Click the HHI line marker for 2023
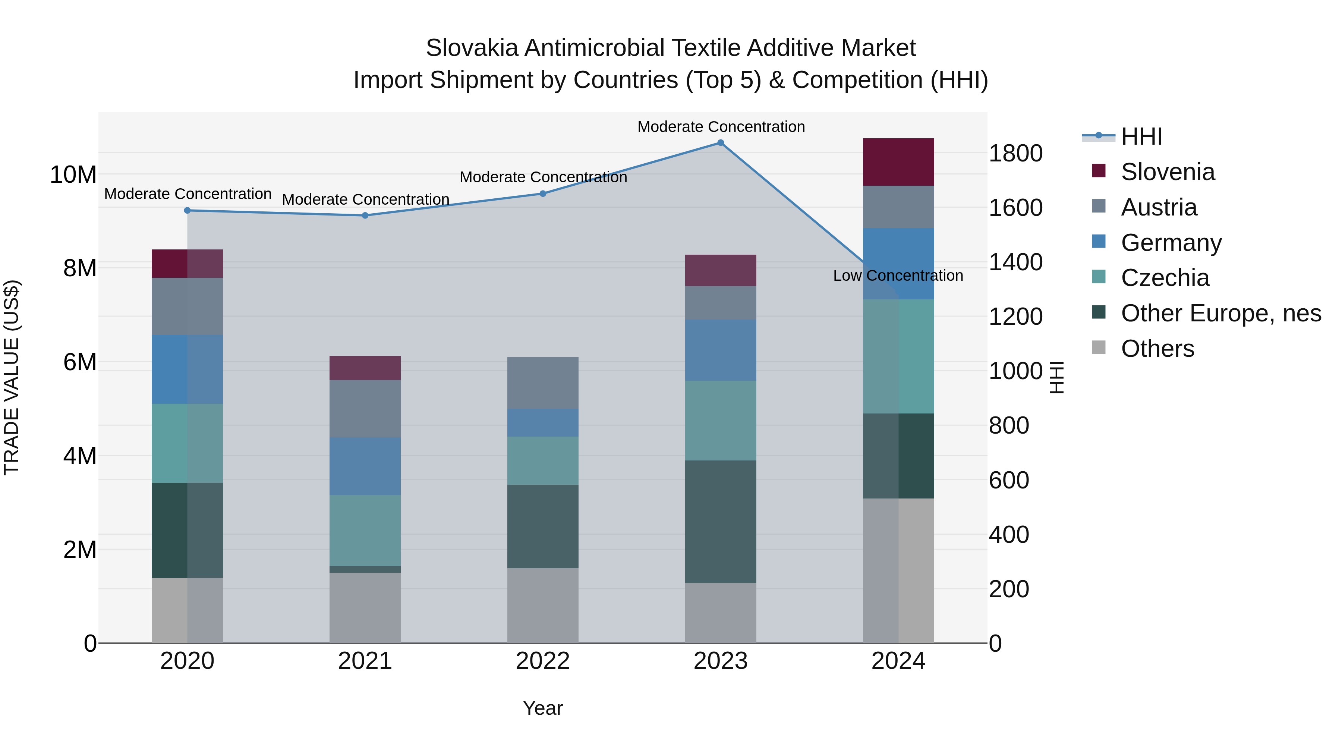pyautogui.click(x=721, y=143)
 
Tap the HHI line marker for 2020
pyautogui.click(x=188, y=211)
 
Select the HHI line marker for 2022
pyautogui.click(x=543, y=194)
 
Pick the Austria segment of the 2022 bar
pyautogui.click(x=543, y=383)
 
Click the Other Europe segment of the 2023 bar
pyautogui.click(x=721, y=522)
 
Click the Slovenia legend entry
pyautogui.click(x=1167, y=172)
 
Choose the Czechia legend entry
pyautogui.click(x=1164, y=278)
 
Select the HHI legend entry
pyautogui.click(x=1141, y=136)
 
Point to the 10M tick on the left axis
pyautogui.click(x=73, y=174)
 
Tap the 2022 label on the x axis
pyautogui.click(x=543, y=661)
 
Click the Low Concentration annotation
pyautogui.click(x=898, y=276)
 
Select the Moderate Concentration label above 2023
pyautogui.click(x=721, y=127)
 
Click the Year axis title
pyautogui.click(x=543, y=708)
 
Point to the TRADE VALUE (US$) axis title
pyautogui.click(x=12, y=377)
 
